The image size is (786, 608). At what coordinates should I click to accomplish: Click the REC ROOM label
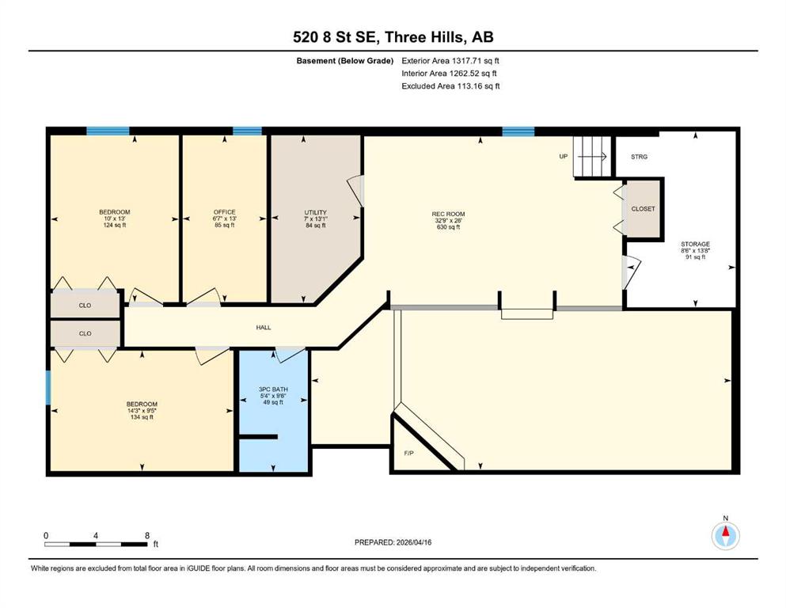point(449,214)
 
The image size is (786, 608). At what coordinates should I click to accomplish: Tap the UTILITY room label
point(315,212)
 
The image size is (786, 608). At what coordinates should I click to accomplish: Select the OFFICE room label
point(225,212)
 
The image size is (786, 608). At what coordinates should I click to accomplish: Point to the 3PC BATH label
point(273,389)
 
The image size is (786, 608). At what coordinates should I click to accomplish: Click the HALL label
point(264,327)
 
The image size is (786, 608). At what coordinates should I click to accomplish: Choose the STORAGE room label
point(695,244)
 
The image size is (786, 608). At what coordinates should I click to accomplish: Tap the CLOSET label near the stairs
point(644,208)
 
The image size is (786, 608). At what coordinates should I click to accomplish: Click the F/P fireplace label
point(409,453)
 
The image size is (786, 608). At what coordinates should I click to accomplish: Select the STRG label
point(639,157)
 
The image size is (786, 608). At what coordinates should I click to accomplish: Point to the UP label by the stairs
point(564,157)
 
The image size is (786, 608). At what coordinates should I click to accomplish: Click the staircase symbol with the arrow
point(593,157)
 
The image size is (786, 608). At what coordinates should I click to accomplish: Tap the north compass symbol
point(725,535)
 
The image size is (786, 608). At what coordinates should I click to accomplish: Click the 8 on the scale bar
point(147,535)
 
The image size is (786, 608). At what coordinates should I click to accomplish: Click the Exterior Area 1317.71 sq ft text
point(450,61)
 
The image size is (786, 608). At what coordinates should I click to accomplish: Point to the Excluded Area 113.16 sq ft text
point(450,85)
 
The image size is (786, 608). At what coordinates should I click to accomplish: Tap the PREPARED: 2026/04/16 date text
point(393,542)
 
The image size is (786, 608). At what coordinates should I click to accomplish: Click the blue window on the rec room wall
point(518,132)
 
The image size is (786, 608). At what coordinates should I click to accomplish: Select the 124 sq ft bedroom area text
point(115,225)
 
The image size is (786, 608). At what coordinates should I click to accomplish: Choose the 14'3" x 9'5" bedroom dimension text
point(142,411)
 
